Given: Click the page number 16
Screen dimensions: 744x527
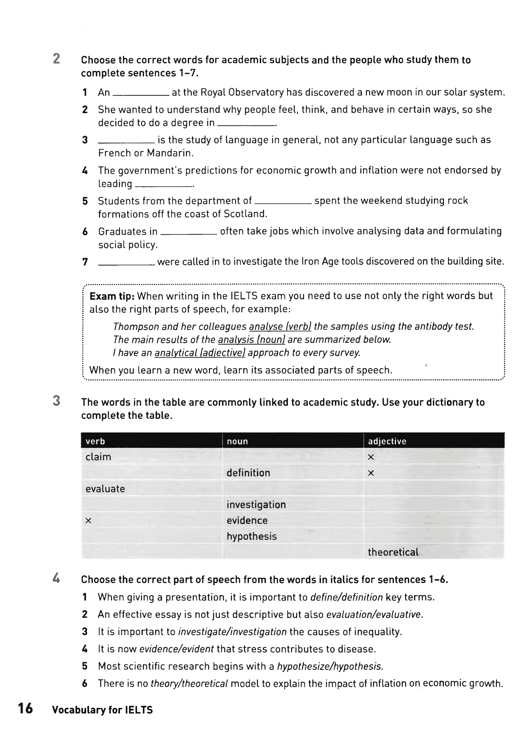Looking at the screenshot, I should pos(25,709).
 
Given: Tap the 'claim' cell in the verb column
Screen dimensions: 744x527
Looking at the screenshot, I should pos(98,457).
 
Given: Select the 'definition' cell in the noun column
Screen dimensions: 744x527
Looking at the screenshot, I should pos(248,473).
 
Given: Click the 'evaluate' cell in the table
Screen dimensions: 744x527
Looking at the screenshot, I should pos(105,489).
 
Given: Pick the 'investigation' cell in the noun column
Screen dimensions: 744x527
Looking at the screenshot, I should pos(256,505).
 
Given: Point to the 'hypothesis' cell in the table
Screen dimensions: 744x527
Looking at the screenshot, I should pos(251,536).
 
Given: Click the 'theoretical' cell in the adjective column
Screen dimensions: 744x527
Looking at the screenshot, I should pos(393,552).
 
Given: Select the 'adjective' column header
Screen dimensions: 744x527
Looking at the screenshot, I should pos(387,441).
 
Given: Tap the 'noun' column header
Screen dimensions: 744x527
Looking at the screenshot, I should pos(237,441).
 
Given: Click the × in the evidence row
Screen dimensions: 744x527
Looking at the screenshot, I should pos(88,521).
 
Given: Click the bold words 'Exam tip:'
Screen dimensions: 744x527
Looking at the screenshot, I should pos(112,296).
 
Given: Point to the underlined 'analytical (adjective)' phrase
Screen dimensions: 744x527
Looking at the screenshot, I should pos(200,353).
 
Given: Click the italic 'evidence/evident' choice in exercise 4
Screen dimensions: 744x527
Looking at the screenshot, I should pos(176,649).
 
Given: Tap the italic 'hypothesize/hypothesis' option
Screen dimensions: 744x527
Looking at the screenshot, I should pos(330,666).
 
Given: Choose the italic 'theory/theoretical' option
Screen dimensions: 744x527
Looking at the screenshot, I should pos(189,683).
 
